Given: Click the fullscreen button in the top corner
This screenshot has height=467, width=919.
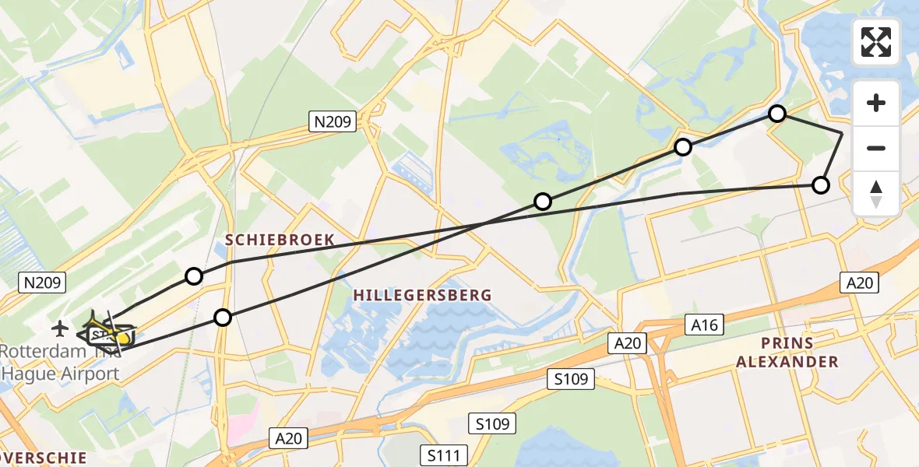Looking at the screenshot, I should (x=876, y=41).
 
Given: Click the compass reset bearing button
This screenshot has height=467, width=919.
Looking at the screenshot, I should (x=876, y=194).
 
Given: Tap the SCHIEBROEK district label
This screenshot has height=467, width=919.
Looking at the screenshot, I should (x=280, y=240).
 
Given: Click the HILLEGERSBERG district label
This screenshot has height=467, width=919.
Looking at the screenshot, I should (x=423, y=295).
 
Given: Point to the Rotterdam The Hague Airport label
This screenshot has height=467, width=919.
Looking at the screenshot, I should (x=61, y=363).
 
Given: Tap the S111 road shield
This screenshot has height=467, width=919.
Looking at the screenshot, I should (x=444, y=455).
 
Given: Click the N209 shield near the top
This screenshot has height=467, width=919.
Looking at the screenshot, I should (x=333, y=121).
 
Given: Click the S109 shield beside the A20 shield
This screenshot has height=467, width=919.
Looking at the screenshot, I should (x=571, y=380).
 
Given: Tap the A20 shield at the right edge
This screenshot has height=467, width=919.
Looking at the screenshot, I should (x=860, y=283).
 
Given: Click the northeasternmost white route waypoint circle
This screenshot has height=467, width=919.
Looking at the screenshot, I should (x=776, y=114).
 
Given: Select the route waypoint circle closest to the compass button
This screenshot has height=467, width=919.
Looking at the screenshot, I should (x=820, y=184).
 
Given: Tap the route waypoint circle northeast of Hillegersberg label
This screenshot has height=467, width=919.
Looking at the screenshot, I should (x=543, y=202).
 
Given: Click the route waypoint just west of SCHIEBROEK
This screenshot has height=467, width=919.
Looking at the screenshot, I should (x=194, y=276).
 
